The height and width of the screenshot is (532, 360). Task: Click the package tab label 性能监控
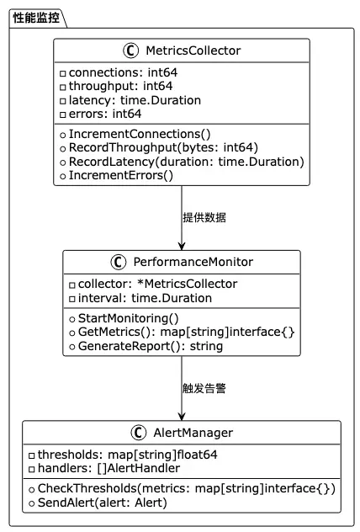(36, 18)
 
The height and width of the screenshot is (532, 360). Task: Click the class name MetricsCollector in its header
(193, 51)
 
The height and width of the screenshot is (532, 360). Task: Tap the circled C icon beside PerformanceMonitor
(119, 262)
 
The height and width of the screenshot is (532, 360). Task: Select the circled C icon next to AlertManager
(139, 433)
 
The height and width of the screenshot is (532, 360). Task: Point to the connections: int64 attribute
(123, 72)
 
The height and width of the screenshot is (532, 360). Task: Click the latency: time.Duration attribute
(135, 100)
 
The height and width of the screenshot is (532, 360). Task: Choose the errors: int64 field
(105, 114)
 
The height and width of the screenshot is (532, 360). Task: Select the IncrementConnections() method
(140, 135)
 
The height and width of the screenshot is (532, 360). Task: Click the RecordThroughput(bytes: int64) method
(163, 148)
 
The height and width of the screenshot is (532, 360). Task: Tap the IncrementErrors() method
(121, 175)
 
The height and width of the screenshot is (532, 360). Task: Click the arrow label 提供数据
(204, 217)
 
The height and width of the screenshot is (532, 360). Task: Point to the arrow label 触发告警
(204, 388)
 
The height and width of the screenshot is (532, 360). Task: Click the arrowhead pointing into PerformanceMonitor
(182, 246)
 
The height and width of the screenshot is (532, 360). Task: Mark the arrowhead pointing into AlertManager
(182, 417)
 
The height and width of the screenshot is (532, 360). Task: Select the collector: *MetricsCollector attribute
(157, 284)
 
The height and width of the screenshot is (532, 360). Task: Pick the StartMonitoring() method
(129, 318)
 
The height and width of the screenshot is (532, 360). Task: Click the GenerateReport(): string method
(151, 347)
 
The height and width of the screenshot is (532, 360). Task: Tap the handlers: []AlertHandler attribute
(109, 469)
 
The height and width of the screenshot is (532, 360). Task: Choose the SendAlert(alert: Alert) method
(103, 503)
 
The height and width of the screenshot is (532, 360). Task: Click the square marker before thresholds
(31, 455)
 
